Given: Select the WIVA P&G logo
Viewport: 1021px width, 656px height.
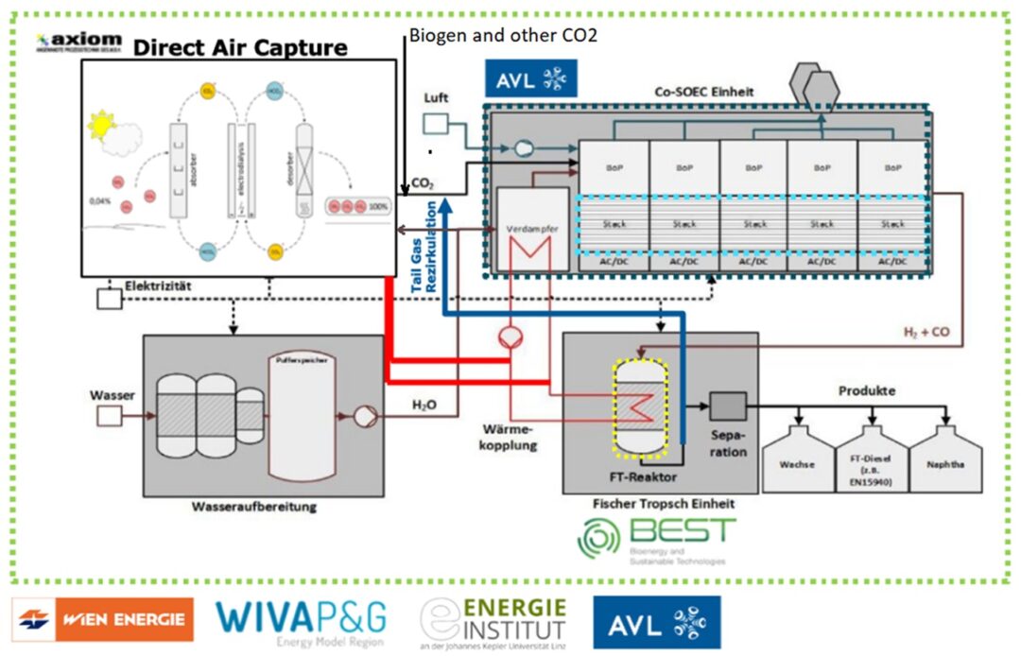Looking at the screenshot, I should [302, 621].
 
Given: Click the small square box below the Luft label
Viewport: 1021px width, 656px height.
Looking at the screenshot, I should [436, 125].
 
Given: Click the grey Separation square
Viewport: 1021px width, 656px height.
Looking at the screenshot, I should [728, 406].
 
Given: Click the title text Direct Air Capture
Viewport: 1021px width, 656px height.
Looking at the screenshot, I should [240, 47].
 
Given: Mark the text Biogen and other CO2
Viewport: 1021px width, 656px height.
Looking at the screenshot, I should [503, 34].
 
